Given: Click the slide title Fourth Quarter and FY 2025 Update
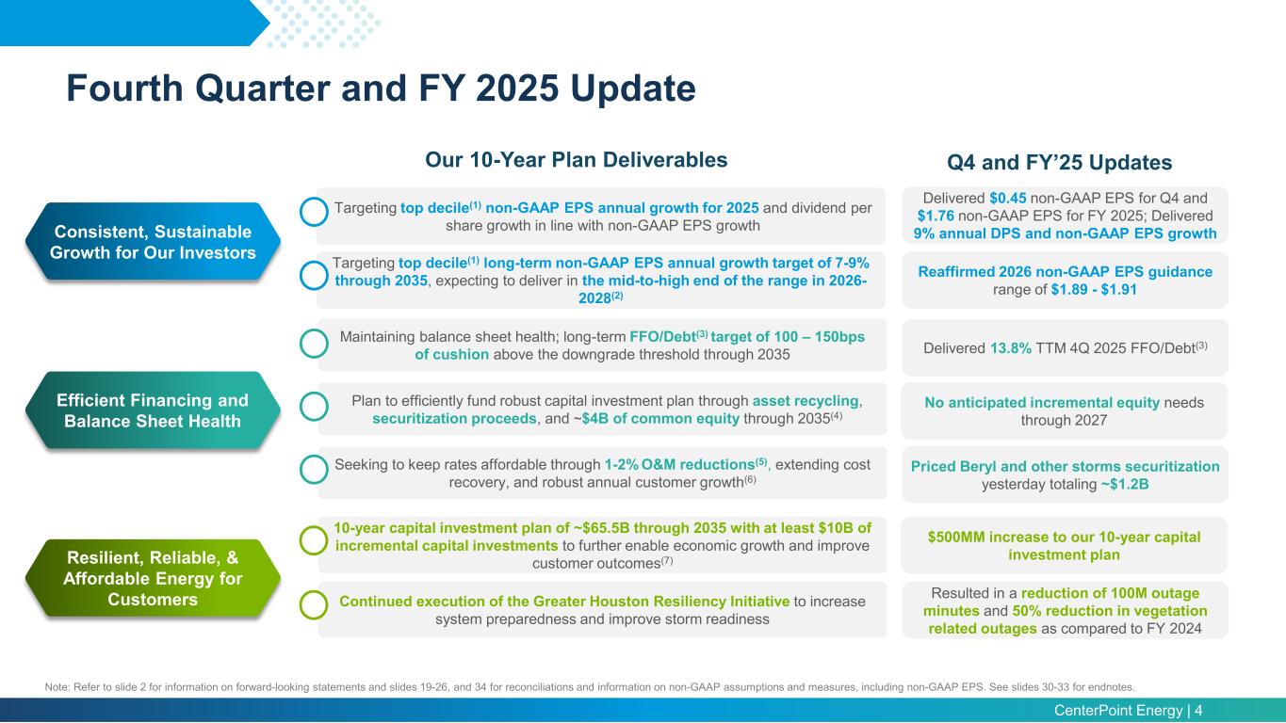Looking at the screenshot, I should point(381,89).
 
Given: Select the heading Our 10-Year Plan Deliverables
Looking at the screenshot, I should point(577,160).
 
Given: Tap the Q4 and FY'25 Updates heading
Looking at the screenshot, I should point(1059,163).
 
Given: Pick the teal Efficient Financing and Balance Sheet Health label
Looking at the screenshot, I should point(152,410).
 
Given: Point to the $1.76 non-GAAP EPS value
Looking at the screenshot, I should point(936,215).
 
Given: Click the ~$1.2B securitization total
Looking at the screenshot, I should point(1124,485).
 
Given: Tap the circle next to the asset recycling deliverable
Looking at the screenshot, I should point(313,406).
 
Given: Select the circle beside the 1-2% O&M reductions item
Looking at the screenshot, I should point(313,468).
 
